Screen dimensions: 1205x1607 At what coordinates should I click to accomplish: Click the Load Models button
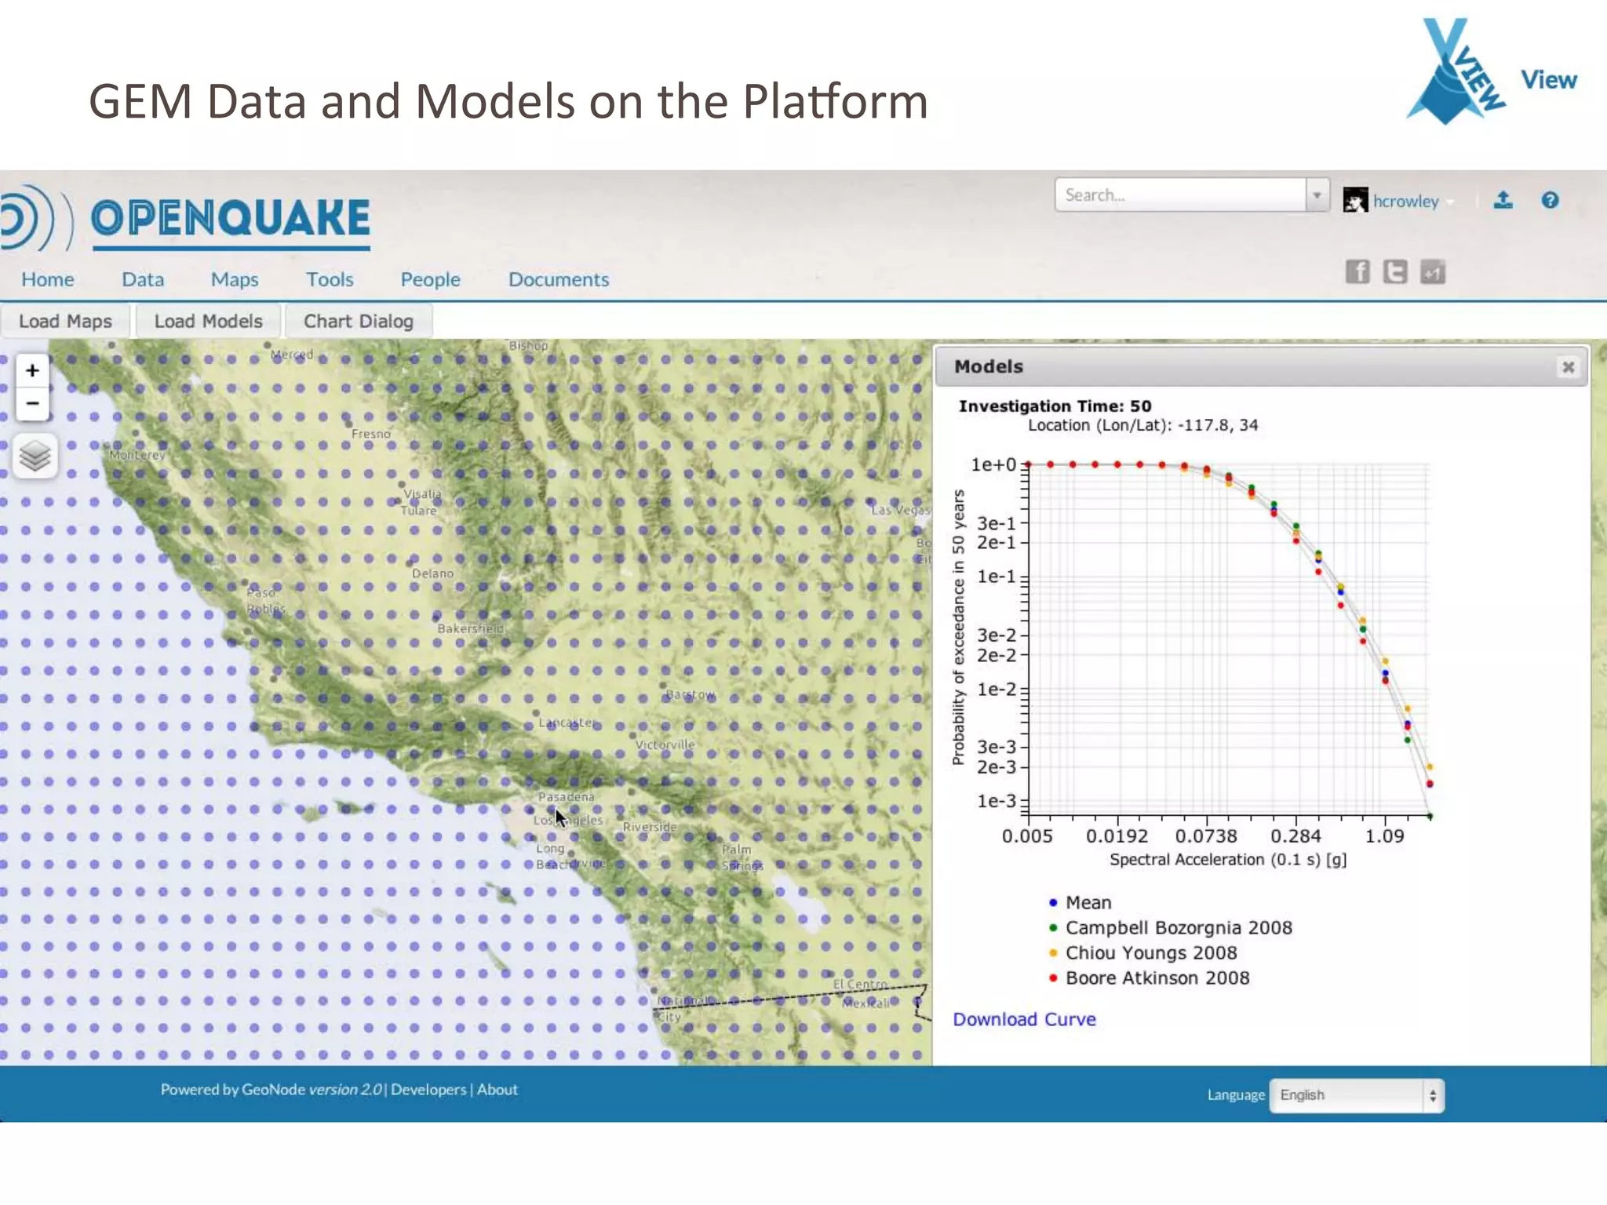(x=208, y=322)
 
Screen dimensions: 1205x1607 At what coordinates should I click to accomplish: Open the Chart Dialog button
(x=358, y=322)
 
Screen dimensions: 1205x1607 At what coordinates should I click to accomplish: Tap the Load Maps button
(x=65, y=322)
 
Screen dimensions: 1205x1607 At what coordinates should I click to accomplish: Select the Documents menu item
(x=558, y=279)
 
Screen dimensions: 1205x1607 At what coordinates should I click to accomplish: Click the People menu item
(x=430, y=279)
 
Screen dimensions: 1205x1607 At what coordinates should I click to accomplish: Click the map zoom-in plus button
(x=32, y=370)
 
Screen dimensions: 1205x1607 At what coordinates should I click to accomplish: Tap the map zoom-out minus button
(x=32, y=403)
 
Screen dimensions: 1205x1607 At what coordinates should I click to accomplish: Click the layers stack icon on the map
(x=35, y=456)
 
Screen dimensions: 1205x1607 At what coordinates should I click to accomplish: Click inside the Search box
(x=1180, y=195)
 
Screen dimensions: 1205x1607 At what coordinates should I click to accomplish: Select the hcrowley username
(x=1405, y=202)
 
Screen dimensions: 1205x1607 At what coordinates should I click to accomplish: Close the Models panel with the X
(x=1568, y=367)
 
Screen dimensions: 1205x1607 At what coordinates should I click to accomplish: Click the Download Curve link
(x=1024, y=1019)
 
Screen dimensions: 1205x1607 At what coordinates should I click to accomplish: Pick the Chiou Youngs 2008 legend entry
(x=1150, y=952)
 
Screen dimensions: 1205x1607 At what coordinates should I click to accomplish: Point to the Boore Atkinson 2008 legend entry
(x=1157, y=977)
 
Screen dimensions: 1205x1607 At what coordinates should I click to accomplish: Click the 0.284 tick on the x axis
(x=1295, y=836)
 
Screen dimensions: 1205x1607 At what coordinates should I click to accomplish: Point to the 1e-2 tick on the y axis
(x=996, y=690)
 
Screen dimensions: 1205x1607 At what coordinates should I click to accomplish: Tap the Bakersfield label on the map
(x=470, y=628)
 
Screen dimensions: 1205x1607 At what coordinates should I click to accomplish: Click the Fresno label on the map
(x=370, y=434)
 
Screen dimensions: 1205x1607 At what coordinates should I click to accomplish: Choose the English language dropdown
(x=1356, y=1095)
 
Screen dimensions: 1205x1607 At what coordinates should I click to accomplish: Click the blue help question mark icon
(x=1550, y=201)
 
